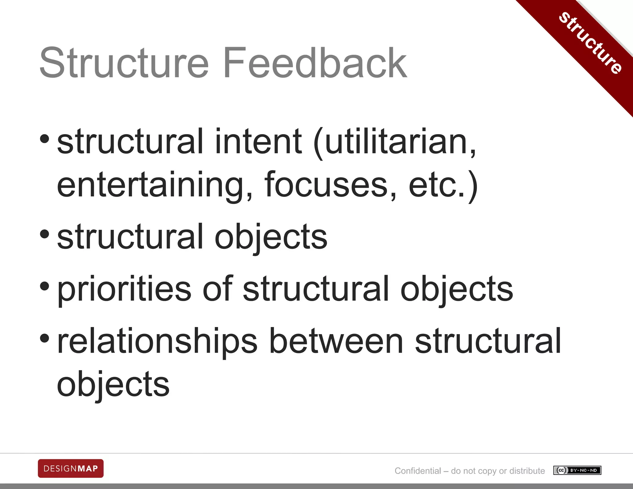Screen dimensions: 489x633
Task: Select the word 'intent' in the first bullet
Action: [258, 142]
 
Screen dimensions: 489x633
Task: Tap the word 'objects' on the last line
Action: [113, 385]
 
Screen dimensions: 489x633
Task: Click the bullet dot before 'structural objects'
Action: [45, 234]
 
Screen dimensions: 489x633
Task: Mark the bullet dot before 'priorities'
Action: [45, 286]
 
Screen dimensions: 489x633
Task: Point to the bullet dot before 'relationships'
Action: [45, 338]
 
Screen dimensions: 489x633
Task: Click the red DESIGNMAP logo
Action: [71, 468]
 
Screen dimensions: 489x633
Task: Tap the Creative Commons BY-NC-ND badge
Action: [577, 470]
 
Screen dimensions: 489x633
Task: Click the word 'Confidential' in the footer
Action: [418, 471]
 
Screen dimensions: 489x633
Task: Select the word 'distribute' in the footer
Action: [527, 471]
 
